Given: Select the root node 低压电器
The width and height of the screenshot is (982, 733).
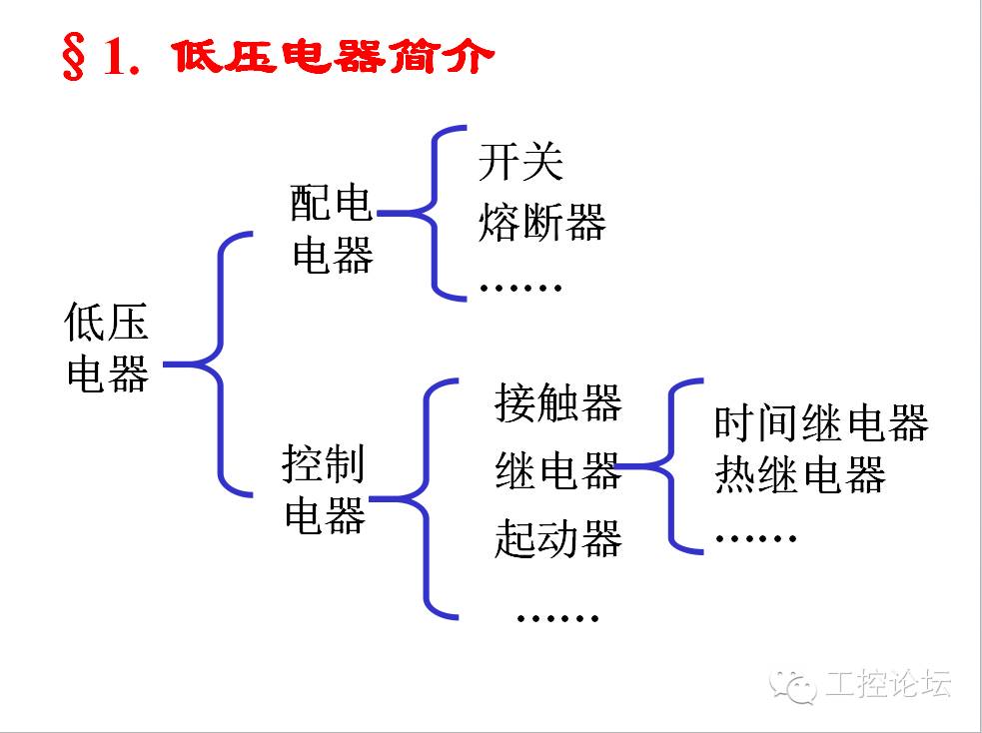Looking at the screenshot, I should coord(107,348).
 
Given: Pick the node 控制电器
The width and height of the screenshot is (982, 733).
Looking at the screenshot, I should coord(325,489).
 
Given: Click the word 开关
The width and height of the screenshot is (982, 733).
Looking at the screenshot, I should coord(520,163).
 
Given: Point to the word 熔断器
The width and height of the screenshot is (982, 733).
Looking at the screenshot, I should coord(541,222).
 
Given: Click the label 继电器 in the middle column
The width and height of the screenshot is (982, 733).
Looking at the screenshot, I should coord(557,469).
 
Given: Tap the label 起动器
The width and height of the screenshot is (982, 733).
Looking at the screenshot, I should coord(557,538).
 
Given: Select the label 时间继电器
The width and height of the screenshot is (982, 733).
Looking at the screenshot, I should coord(820,422).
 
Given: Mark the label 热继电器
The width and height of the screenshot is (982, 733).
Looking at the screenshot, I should coord(799,476).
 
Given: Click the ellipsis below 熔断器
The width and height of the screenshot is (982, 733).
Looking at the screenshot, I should coord(520,288).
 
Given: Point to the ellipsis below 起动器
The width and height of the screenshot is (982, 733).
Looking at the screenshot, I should coord(557,617).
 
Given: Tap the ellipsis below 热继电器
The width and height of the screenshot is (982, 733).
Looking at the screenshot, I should coord(755,537).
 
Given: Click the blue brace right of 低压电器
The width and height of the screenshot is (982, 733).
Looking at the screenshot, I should coord(219,364).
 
